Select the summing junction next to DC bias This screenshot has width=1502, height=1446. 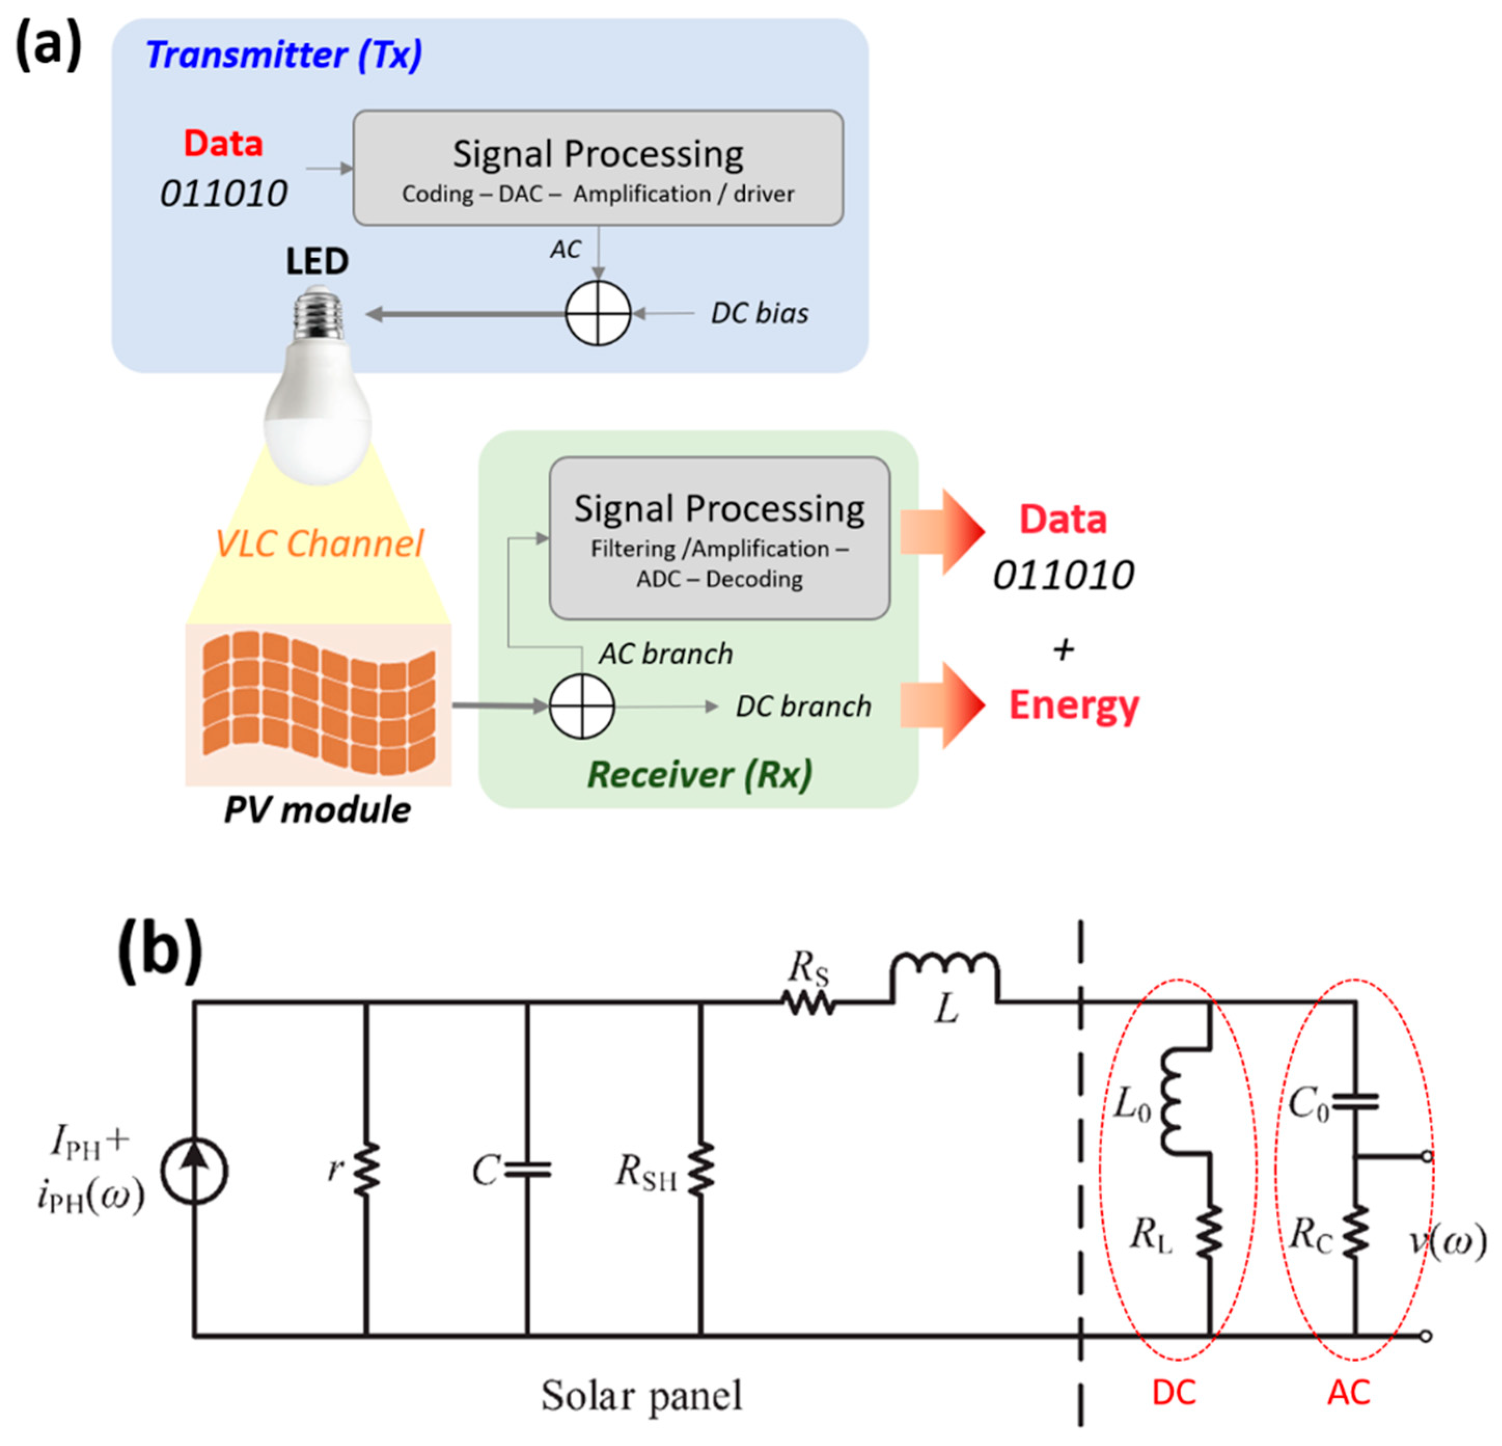(x=598, y=313)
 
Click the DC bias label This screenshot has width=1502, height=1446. (x=759, y=313)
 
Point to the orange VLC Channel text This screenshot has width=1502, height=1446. (x=319, y=543)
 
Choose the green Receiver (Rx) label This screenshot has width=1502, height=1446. (x=699, y=774)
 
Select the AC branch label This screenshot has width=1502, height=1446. (x=665, y=654)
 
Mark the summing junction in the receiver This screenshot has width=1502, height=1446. (x=582, y=706)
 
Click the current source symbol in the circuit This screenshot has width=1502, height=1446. (x=195, y=1171)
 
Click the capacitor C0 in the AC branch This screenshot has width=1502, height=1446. (x=1355, y=1102)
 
